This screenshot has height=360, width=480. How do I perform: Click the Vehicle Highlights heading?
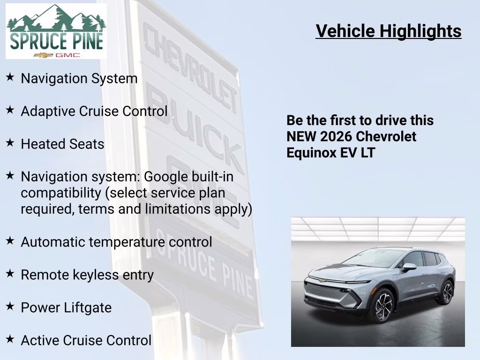tap(388, 31)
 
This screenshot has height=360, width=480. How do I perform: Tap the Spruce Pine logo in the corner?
tap(56, 31)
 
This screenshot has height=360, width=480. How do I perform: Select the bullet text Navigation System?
tap(79, 78)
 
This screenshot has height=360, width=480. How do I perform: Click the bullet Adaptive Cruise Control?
tap(94, 111)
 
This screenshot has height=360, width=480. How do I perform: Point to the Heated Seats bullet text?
tap(62, 144)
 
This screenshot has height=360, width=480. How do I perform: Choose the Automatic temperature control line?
tap(116, 242)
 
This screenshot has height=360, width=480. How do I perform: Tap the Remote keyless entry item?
tap(87, 275)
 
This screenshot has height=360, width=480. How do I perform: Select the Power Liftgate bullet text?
tap(66, 307)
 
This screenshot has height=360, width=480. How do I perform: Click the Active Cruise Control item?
tap(86, 340)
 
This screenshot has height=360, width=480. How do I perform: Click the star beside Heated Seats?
tap(10, 143)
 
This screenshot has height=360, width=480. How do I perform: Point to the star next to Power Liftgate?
tap(10, 307)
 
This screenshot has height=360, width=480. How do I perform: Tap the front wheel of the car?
tap(381, 305)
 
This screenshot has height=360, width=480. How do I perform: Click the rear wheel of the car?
tap(447, 292)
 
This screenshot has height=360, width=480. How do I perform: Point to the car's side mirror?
tap(408, 267)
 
